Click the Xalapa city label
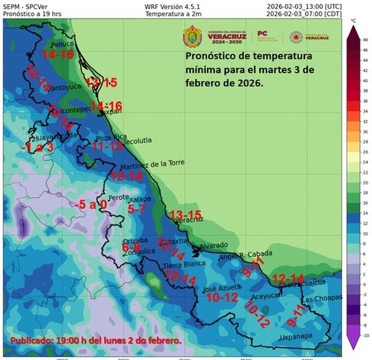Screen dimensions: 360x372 click(x=139, y=200)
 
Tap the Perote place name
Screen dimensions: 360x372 click(x=118, y=198)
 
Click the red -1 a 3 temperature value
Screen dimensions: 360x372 click(x=37, y=148)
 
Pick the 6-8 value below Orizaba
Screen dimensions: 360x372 click(x=131, y=247)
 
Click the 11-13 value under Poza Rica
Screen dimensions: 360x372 click(x=107, y=147)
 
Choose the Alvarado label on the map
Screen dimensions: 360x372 click(x=214, y=245)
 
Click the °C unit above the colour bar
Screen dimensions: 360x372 click(x=353, y=20)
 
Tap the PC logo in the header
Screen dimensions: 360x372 click(x=262, y=34)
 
